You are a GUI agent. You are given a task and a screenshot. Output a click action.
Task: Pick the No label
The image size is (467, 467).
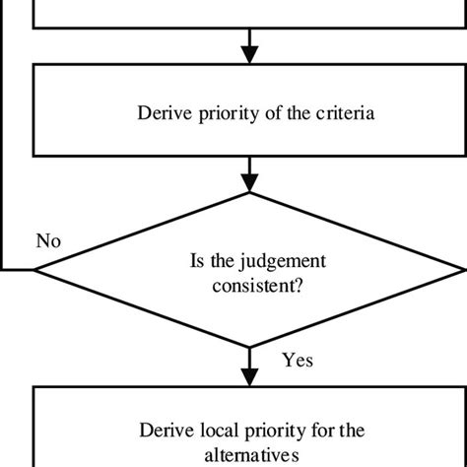click(47, 239)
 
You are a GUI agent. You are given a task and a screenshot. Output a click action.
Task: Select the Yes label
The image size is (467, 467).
click(298, 361)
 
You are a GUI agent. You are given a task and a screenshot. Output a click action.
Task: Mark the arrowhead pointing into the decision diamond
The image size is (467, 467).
click(250, 181)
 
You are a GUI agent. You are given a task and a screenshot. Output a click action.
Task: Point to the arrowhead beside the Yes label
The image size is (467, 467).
click(250, 374)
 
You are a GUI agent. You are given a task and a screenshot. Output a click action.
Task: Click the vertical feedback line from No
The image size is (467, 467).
click(3, 148)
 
